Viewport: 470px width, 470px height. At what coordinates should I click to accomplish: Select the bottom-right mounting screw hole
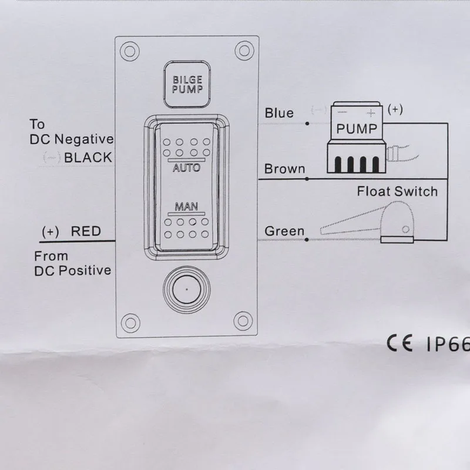click(x=241, y=321)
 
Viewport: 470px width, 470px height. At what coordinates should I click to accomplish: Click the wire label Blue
click(x=279, y=112)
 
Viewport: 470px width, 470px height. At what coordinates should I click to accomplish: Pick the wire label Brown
click(x=285, y=169)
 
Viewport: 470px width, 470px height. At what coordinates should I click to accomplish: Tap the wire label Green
click(x=284, y=231)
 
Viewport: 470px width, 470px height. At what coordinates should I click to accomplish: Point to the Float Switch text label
click(x=397, y=192)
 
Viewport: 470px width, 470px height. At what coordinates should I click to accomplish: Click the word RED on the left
click(x=86, y=231)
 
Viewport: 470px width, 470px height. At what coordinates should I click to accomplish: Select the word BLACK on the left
click(x=88, y=157)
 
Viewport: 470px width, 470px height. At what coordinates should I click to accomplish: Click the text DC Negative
click(x=70, y=139)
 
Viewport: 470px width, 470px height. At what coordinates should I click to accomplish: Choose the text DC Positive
click(x=72, y=270)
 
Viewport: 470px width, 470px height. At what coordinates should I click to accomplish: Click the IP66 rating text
click(x=446, y=344)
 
